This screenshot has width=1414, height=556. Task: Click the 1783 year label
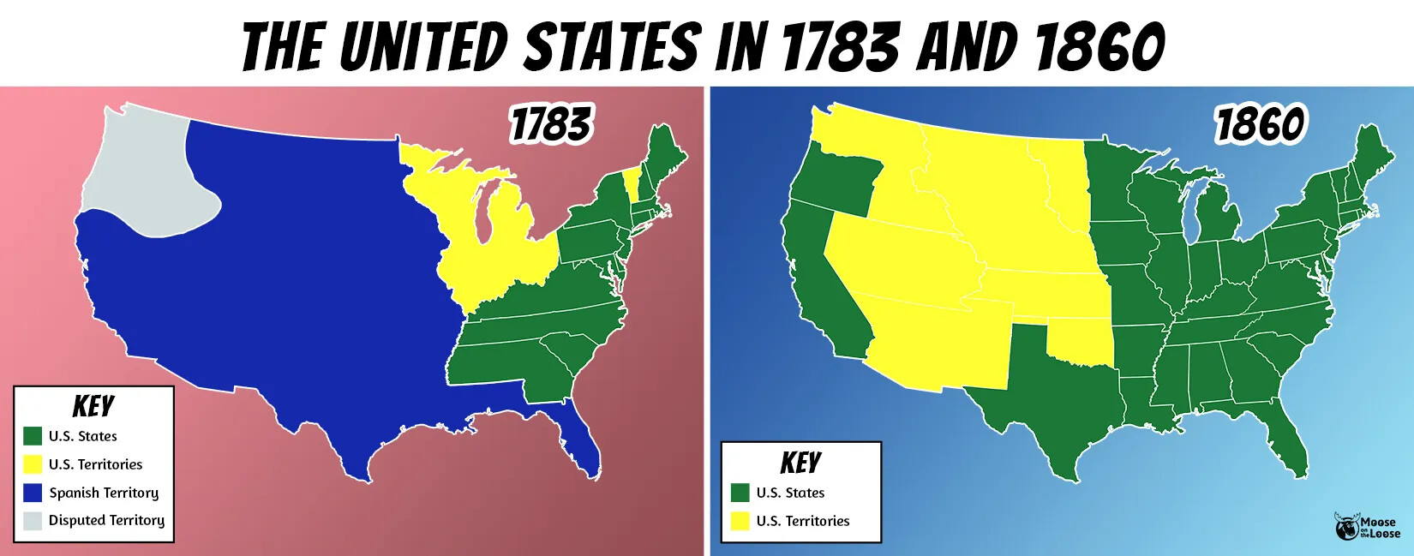coord(550,125)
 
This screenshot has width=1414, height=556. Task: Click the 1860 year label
coord(1260,125)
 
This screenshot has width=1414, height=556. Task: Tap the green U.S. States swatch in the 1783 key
coord(33,436)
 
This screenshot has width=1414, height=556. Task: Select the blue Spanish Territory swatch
coord(33,493)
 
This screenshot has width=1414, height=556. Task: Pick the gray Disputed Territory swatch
coord(33,520)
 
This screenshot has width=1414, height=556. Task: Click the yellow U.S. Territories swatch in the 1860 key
coord(740,521)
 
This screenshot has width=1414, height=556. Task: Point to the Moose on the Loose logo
coord(1367,526)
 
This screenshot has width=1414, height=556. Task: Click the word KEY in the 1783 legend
coord(93,406)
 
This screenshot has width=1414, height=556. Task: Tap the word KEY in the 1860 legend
coord(800,463)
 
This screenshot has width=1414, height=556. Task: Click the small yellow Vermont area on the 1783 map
coord(632,183)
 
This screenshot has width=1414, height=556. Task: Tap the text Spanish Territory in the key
coord(104,493)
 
